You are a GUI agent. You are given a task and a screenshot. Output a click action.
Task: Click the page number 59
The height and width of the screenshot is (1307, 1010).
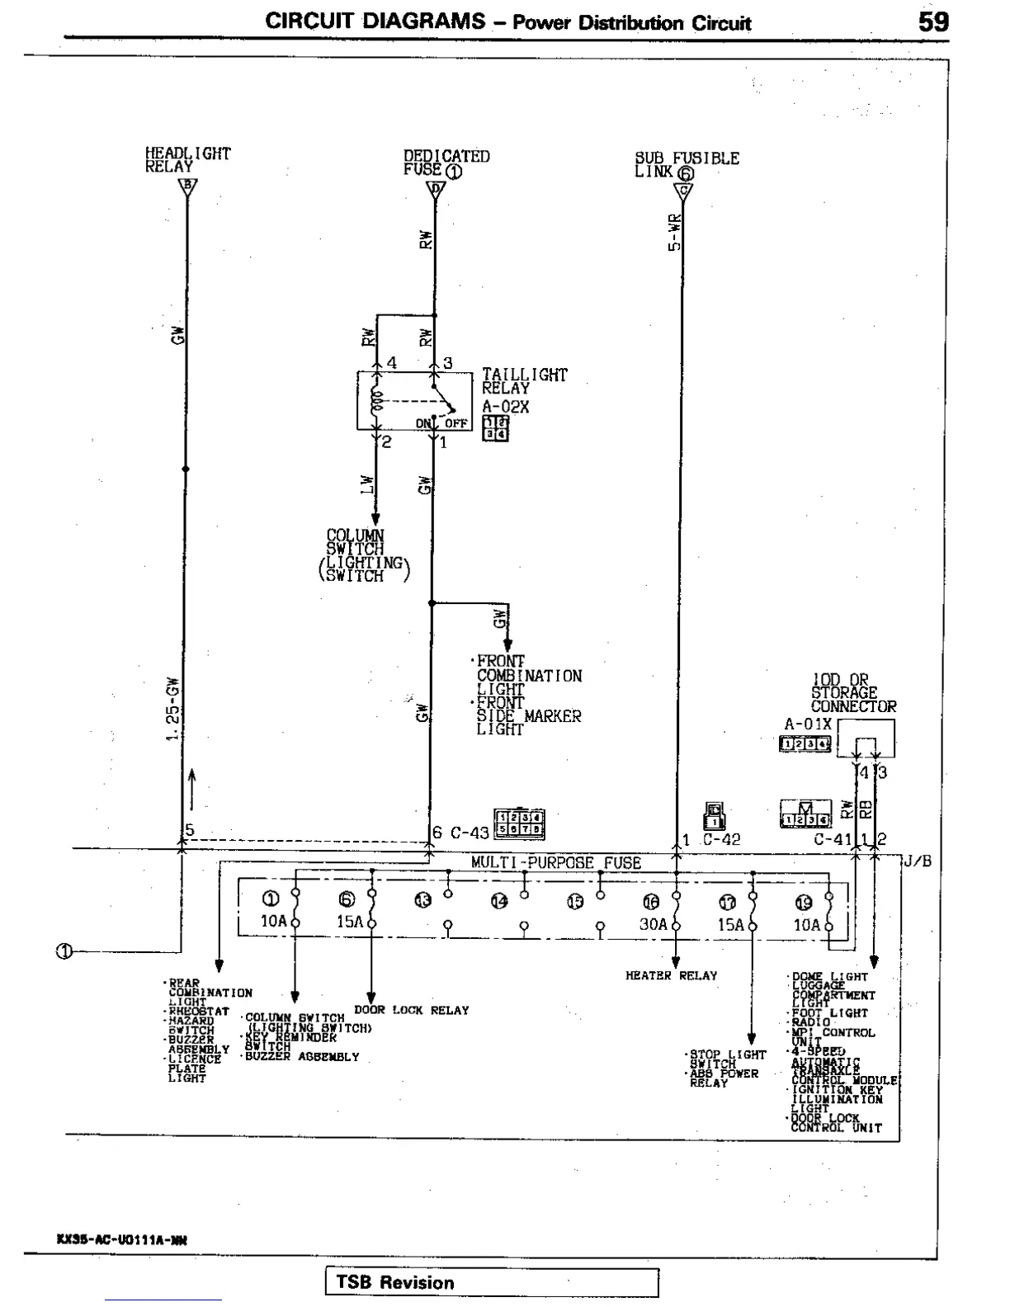(x=933, y=22)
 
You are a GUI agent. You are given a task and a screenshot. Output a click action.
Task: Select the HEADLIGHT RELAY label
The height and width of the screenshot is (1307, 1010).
(x=187, y=159)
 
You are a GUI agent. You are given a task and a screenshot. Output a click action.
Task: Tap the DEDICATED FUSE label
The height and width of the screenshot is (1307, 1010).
(x=446, y=163)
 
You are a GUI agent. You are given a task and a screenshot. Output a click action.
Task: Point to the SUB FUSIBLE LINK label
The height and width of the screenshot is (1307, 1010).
(x=686, y=164)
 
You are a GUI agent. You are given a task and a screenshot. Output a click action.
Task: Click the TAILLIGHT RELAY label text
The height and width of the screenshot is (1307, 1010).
(x=524, y=381)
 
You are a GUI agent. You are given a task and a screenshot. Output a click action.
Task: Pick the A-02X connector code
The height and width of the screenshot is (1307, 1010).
(x=505, y=407)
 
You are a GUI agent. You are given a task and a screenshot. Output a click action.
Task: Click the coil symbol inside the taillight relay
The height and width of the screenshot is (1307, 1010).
(x=377, y=401)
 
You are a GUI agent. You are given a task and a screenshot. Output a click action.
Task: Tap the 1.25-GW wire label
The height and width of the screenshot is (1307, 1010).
(x=172, y=710)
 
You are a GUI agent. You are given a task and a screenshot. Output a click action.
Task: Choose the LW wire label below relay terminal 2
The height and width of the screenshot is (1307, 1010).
(x=368, y=485)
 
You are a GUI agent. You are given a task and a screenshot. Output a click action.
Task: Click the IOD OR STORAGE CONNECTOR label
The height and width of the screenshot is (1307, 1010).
(x=852, y=693)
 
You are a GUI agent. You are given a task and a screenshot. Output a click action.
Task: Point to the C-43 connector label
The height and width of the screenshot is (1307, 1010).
(x=469, y=833)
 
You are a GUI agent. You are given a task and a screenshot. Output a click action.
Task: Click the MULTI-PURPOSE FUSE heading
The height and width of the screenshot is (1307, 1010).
(x=555, y=862)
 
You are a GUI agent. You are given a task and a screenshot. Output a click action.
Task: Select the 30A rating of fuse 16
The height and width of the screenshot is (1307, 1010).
(x=653, y=924)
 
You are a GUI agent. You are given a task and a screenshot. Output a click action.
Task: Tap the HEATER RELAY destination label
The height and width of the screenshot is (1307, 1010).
(x=671, y=975)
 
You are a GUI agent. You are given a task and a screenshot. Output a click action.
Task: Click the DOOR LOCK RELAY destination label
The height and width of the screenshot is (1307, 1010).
(x=411, y=1010)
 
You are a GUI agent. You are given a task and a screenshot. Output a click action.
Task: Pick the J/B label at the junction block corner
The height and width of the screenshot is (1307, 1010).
(x=917, y=861)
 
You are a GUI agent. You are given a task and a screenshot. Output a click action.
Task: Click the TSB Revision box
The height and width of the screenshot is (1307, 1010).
(x=492, y=1282)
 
